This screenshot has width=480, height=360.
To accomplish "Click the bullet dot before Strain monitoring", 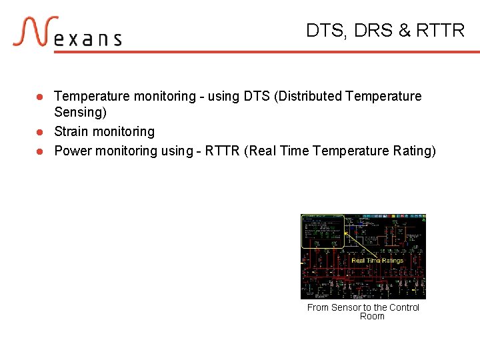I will pyautogui.click(x=40, y=132).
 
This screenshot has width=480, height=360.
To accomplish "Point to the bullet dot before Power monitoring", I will pyautogui.click(x=40, y=151).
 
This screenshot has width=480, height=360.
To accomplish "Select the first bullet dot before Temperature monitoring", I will pyautogui.click(x=40, y=97).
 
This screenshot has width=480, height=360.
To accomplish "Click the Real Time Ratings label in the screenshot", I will pyautogui.click(x=377, y=261).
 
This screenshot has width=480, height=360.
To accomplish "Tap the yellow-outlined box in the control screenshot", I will pyautogui.click(x=323, y=231).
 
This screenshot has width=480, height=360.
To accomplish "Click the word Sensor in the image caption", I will pyautogui.click(x=346, y=307).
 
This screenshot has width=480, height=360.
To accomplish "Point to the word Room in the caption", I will pyautogui.click(x=372, y=316).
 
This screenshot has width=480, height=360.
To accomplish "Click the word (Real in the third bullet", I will pyautogui.click(x=261, y=151).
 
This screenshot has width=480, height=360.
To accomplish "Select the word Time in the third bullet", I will pyautogui.click(x=296, y=151).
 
